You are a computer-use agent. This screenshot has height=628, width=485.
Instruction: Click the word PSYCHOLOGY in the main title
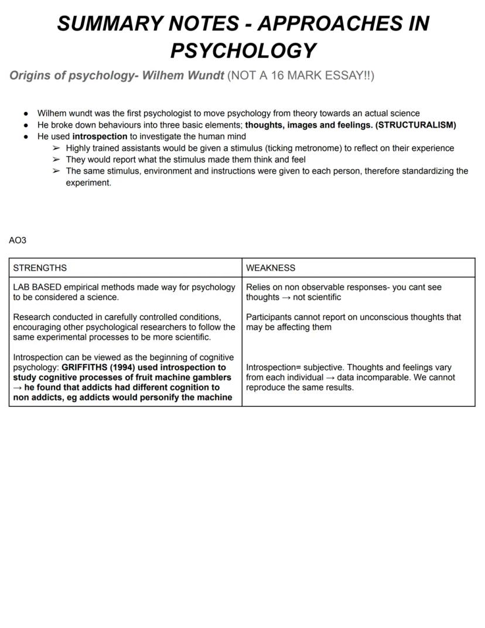(x=243, y=50)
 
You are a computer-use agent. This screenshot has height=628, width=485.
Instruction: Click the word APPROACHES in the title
(x=330, y=23)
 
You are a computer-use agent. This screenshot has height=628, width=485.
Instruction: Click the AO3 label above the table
(x=18, y=240)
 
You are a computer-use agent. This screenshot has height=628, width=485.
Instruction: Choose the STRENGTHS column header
(x=40, y=268)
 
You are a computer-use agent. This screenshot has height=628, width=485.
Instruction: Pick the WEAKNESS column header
(x=271, y=268)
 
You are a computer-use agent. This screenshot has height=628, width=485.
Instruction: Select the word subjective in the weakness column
(x=322, y=368)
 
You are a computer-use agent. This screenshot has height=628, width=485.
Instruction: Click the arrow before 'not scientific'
(x=288, y=297)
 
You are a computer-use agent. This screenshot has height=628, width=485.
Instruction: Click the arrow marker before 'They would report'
(x=56, y=159)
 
